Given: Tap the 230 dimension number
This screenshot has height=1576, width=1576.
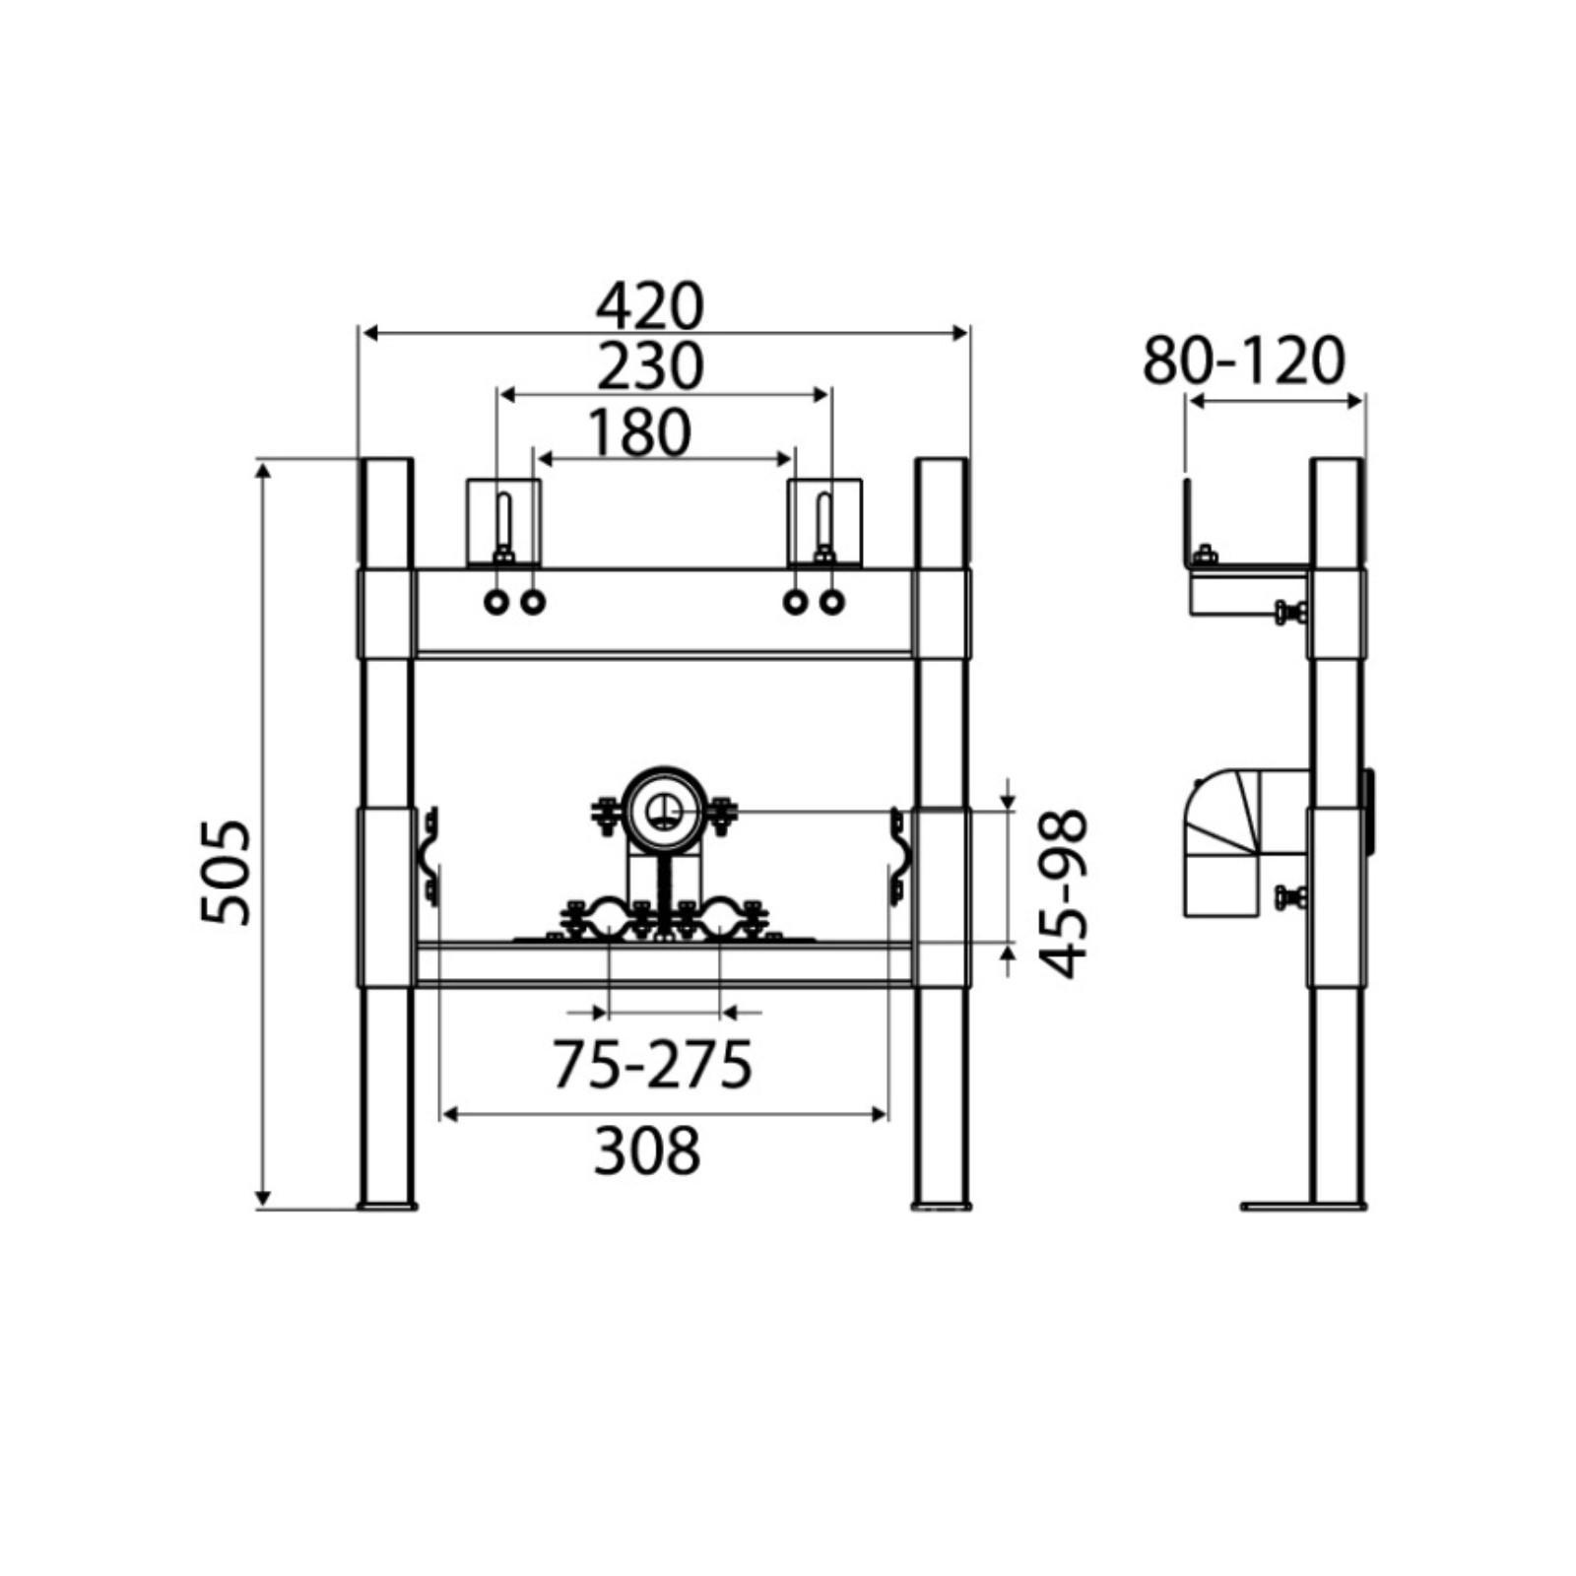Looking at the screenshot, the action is pos(650,366).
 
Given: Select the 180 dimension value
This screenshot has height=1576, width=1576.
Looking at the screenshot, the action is pos(639,433).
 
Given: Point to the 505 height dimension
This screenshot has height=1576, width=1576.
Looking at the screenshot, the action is pos(227,872).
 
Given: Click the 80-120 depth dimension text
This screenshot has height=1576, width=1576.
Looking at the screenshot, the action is pos(1243,361).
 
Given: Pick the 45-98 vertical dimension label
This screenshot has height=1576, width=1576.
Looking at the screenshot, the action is pos(1065,893).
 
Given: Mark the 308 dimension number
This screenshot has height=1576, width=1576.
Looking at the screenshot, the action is pos(647,1150).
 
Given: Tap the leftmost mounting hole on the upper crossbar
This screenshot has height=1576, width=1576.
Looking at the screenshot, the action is pos(496,602).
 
